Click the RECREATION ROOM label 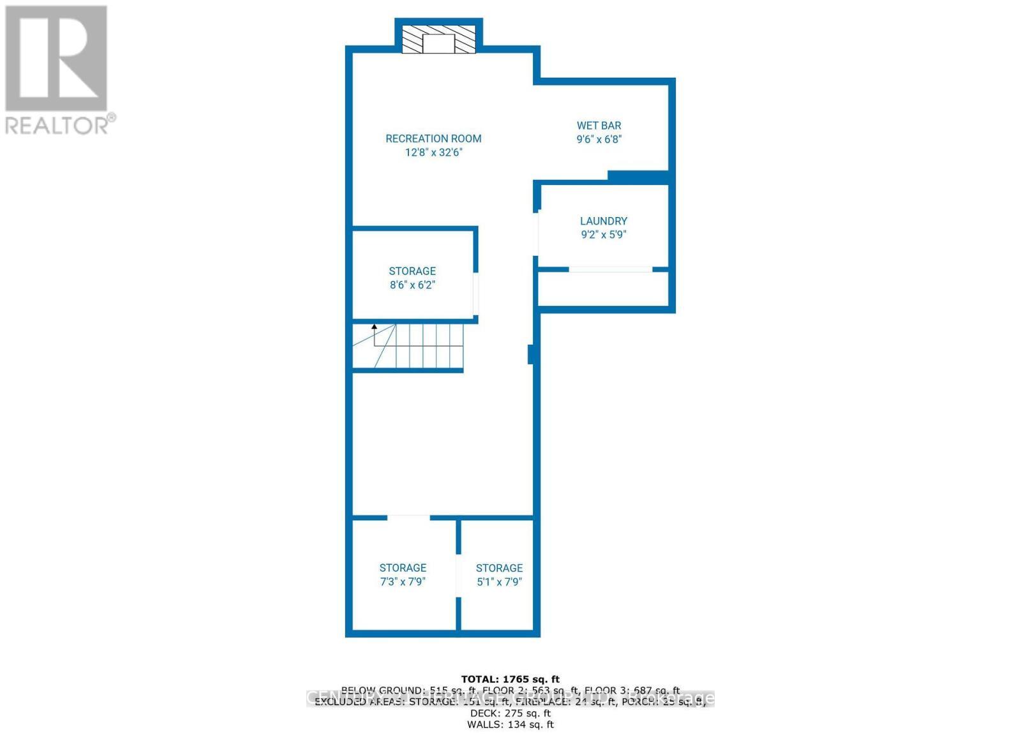(433, 139)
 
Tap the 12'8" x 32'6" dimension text (433, 153)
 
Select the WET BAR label (599, 126)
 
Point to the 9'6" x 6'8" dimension (599, 139)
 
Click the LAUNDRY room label (603, 221)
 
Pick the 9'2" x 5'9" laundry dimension (603, 234)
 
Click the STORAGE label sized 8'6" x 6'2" (412, 271)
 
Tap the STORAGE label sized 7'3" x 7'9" (403, 568)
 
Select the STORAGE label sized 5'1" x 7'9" (499, 568)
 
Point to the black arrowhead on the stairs (375, 327)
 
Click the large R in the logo (56, 59)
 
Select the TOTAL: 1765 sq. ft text (510, 679)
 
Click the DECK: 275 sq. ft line (510, 713)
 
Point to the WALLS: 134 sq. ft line (510, 724)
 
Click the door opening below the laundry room (610, 269)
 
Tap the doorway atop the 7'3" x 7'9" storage (408, 516)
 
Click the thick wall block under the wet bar (637, 177)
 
